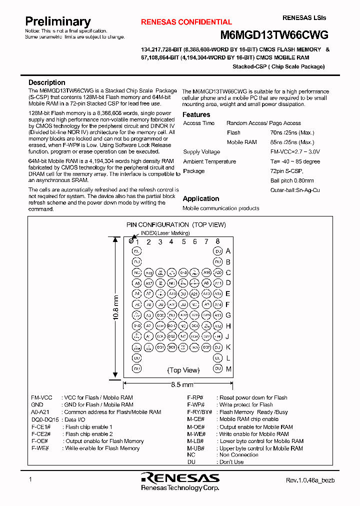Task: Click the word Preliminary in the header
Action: tap(58, 21)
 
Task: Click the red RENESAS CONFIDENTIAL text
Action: tap(186, 22)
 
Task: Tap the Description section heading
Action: tap(46, 82)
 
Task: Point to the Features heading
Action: tap(196, 114)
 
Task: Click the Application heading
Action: tap(200, 198)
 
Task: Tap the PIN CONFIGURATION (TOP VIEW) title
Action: tap(175, 225)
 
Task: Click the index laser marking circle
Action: tap(131, 241)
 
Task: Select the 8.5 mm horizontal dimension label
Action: tap(178, 384)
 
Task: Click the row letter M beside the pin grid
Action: tap(228, 369)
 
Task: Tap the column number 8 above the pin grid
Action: tap(217, 241)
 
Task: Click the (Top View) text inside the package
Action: tap(183, 370)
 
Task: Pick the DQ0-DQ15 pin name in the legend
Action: tap(45, 419)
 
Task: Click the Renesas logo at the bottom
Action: tap(180, 477)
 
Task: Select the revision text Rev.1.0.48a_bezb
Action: tap(310, 480)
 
